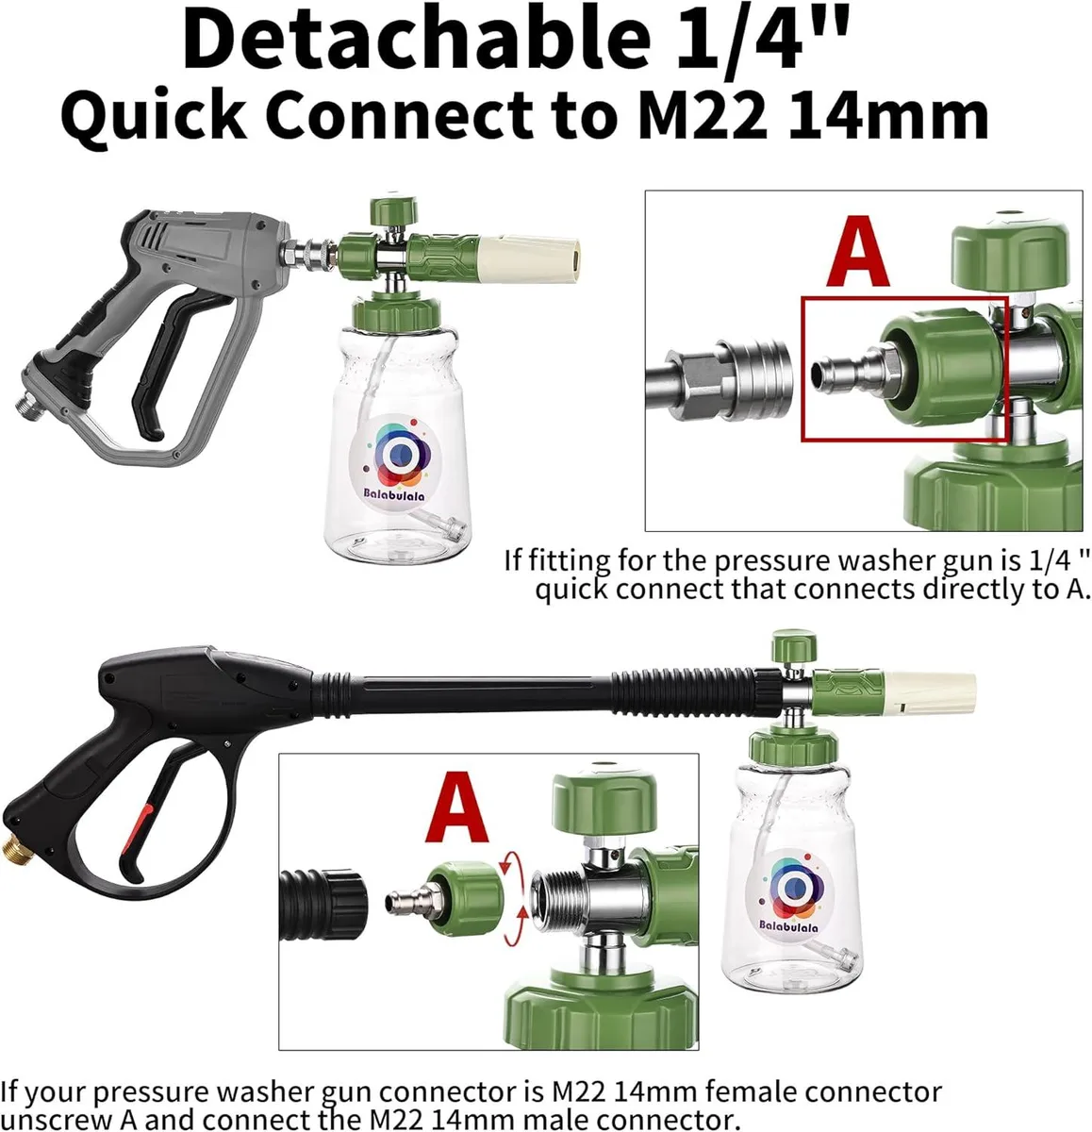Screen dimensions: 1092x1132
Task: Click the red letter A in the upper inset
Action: (858, 250)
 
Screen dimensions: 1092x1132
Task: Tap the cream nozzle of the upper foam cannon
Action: (529, 257)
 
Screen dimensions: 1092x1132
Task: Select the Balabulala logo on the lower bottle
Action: (789, 894)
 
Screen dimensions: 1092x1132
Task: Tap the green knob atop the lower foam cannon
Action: (794, 646)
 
